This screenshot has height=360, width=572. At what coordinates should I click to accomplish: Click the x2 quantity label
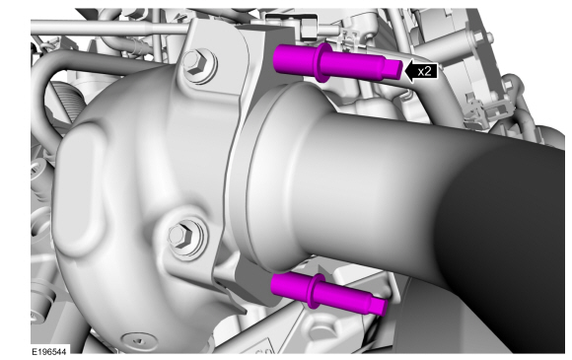[x=424, y=71]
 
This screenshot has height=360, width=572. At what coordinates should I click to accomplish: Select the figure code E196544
[x=48, y=351]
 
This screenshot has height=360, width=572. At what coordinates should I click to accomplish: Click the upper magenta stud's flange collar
[x=322, y=62]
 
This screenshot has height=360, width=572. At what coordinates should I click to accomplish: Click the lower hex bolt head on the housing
[x=180, y=236]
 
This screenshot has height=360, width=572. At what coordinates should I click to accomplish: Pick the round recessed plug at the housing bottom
[x=140, y=340]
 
